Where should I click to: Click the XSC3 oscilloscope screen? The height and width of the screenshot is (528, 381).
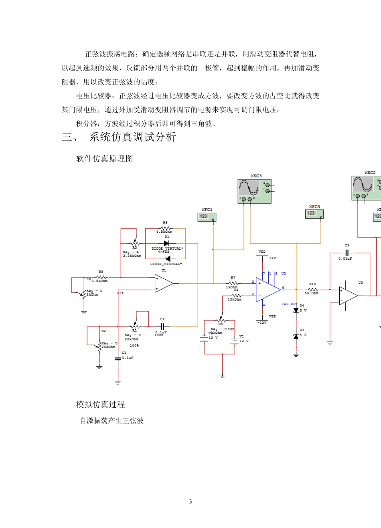[249, 187]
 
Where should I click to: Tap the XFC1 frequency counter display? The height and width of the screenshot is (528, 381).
[207, 217]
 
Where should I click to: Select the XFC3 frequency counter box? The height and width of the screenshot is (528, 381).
[314, 214]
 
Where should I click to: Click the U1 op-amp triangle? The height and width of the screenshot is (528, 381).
[163, 283]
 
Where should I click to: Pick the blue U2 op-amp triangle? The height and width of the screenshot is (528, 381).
[268, 290]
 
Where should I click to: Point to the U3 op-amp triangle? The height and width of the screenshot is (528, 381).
[348, 296]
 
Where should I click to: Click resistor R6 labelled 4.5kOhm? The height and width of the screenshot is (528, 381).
[165, 228]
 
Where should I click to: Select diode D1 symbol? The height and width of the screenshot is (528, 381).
[166, 243]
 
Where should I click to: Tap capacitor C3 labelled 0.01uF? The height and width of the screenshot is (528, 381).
[347, 253]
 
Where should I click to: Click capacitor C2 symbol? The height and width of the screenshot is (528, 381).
[162, 326]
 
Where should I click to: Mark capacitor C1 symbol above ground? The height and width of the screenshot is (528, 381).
[118, 359]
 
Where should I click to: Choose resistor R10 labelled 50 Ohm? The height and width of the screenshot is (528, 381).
[312, 289]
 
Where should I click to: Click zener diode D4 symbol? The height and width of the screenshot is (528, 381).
[296, 310]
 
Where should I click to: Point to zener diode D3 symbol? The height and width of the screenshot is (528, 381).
[296, 337]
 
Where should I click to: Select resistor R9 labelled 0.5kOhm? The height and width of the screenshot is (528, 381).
[101, 277]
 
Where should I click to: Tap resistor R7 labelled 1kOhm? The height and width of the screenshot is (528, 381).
[233, 283]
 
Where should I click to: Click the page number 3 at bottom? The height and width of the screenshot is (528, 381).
[190, 501]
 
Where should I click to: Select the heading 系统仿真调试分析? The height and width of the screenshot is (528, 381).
[132, 137]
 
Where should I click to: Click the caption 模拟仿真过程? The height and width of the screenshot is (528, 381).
[101, 405]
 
